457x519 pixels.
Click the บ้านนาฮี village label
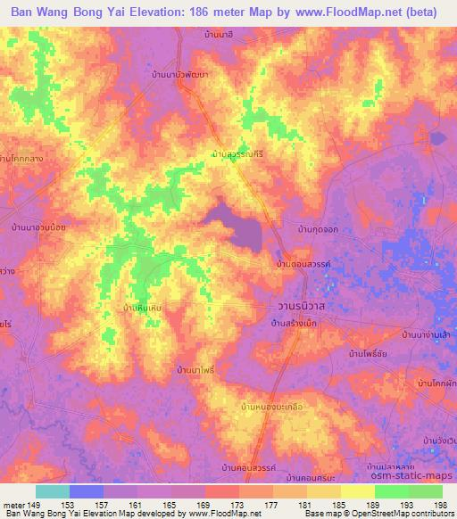pos(218,33)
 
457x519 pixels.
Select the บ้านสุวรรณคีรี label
pos(238,154)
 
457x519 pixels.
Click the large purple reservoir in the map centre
pos(237,227)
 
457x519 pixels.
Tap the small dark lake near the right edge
pos(437,138)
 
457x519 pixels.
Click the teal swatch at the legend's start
pos(52,491)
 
